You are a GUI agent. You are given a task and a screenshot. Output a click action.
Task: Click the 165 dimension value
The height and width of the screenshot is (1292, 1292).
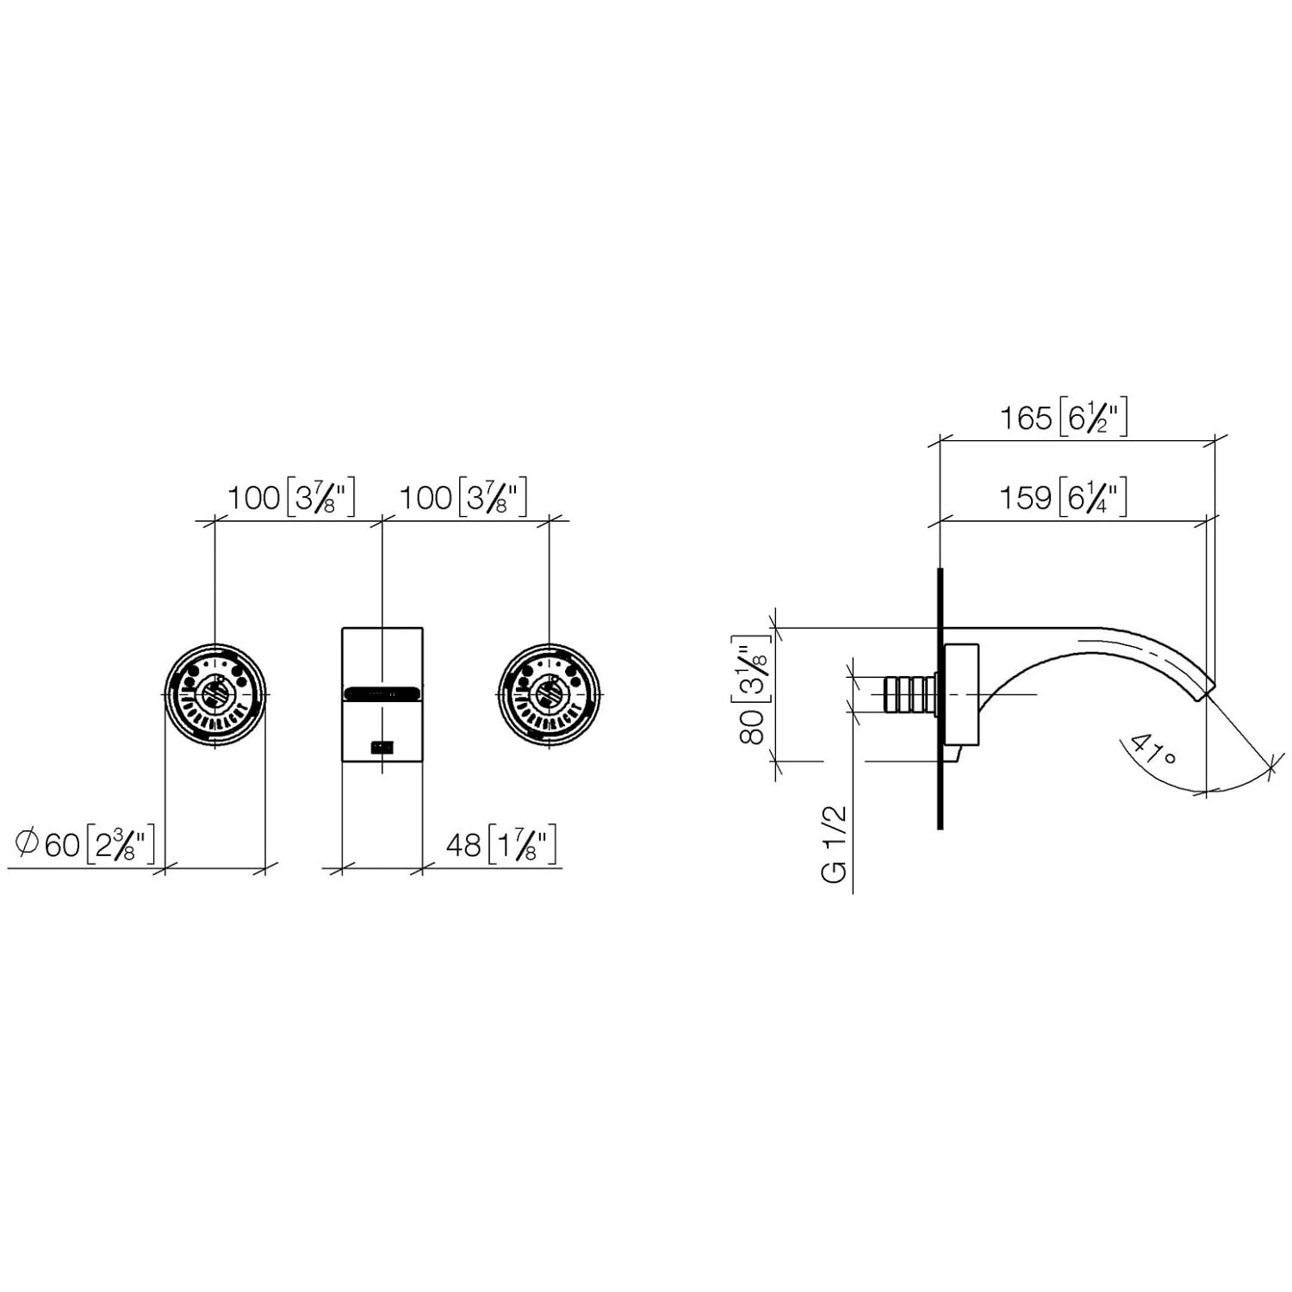(1026, 419)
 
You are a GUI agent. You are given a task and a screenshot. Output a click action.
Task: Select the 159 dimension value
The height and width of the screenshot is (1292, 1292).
(1025, 498)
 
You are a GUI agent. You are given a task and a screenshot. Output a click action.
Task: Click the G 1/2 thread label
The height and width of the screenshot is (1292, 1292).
(835, 843)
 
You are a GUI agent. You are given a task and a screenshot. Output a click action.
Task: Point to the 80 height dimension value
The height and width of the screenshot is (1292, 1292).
(753, 727)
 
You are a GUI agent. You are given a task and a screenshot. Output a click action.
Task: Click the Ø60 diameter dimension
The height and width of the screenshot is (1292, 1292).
(49, 844)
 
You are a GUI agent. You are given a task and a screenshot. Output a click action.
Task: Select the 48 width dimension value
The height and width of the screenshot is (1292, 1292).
(463, 845)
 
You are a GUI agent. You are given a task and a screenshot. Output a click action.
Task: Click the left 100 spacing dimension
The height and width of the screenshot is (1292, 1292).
(254, 498)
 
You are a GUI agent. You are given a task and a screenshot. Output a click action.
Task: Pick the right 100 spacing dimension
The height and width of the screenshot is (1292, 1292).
(425, 498)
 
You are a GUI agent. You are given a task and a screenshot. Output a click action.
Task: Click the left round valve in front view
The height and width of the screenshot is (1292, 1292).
(214, 694)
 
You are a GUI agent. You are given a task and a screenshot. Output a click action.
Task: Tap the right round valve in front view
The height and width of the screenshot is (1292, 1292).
(549, 694)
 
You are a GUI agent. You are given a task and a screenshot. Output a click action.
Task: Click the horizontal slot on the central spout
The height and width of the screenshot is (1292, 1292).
(382, 692)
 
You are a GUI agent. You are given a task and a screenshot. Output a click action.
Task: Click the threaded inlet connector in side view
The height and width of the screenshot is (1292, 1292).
(910, 694)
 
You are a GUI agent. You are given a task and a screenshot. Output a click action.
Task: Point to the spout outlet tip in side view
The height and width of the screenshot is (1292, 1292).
(1204, 686)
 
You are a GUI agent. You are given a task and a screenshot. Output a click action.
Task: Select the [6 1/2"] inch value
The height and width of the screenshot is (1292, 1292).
(1093, 419)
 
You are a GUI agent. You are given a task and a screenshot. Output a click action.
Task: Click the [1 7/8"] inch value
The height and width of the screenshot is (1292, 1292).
(522, 845)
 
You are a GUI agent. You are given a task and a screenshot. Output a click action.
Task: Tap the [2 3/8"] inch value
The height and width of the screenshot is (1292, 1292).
(121, 845)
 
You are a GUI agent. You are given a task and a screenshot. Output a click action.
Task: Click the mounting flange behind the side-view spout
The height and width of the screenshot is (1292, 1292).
(962, 694)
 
